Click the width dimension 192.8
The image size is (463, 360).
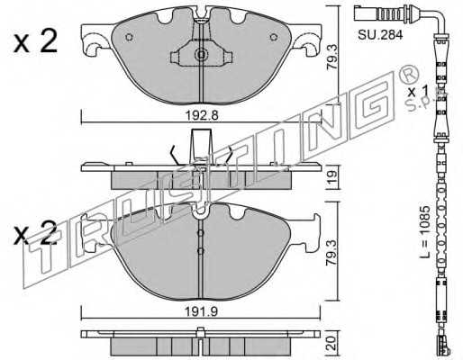202,115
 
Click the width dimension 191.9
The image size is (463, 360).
201,312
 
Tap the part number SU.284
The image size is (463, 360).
380,35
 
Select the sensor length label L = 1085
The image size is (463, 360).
424,232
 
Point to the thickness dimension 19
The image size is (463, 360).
332,177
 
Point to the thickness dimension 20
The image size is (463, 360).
332,343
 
